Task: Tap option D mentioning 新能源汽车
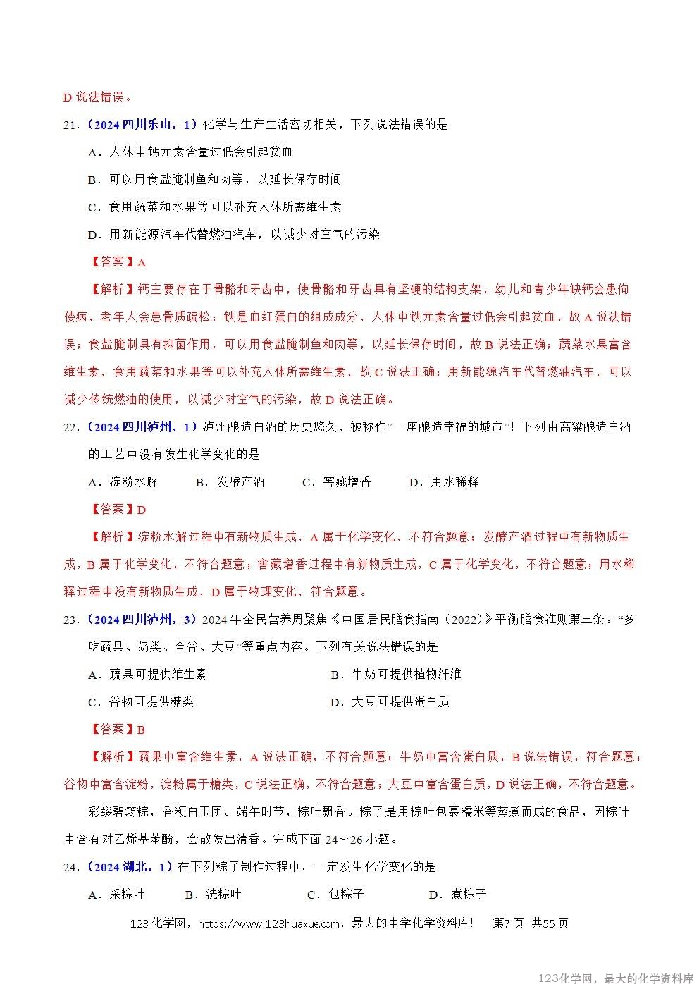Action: pos(233,235)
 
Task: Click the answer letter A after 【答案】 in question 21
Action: pos(142,262)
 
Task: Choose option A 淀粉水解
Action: pos(123,482)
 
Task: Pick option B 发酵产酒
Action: pos(230,482)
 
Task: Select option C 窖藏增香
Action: pos(337,482)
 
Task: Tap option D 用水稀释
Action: pos(444,482)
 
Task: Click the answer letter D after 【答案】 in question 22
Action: pos(142,510)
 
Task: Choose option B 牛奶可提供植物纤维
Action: pos(396,675)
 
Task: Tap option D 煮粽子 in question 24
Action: pos(458,895)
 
